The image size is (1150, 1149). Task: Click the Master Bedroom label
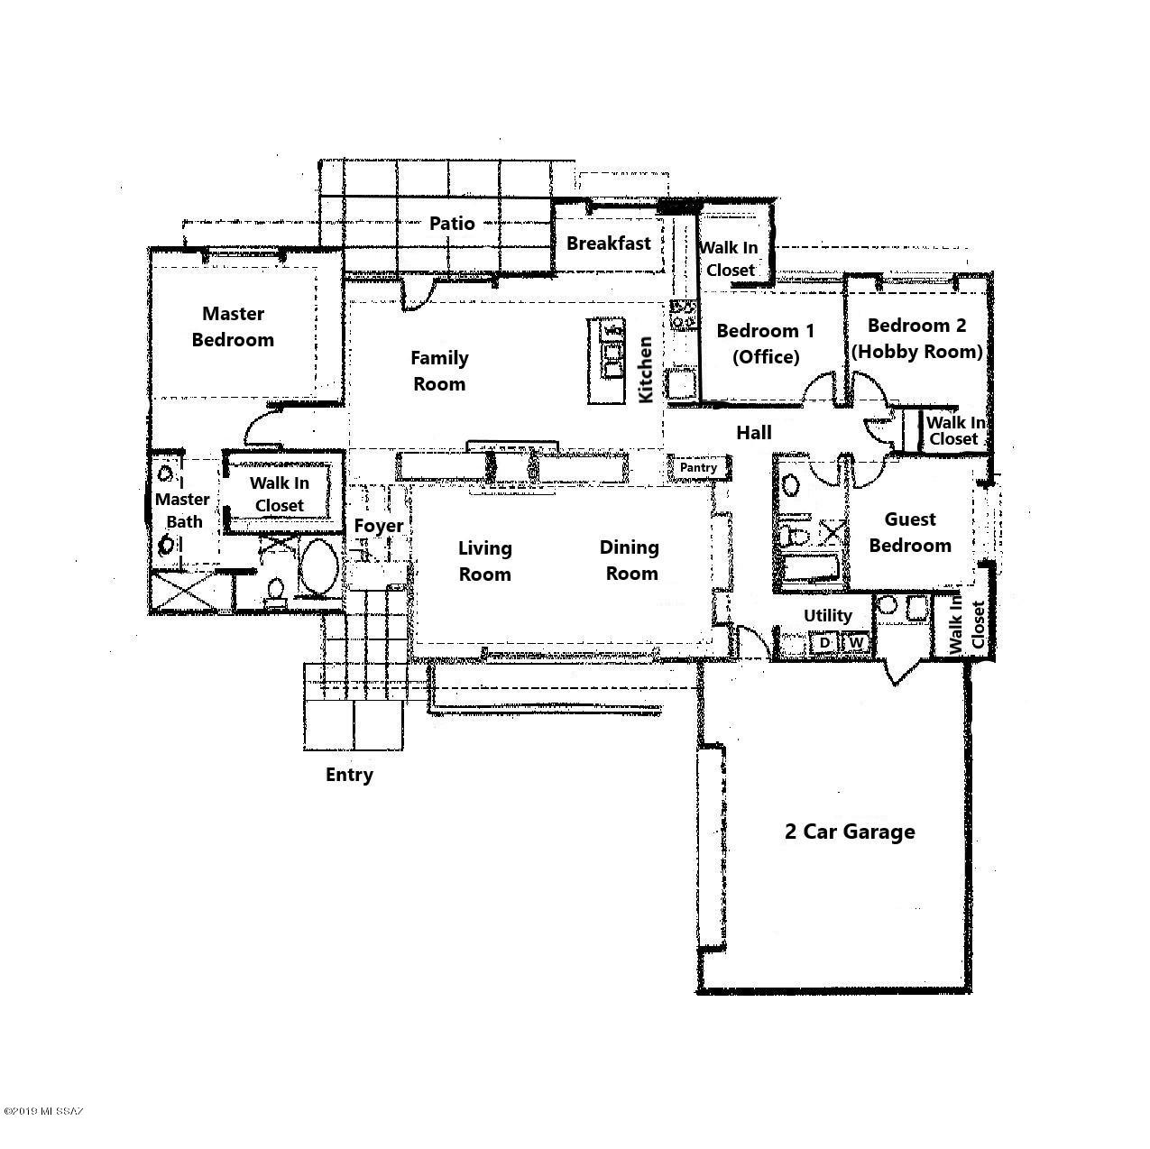tap(233, 326)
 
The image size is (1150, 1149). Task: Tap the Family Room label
tap(439, 371)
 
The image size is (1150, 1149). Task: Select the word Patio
tap(452, 223)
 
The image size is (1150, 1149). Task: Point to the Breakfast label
tap(608, 243)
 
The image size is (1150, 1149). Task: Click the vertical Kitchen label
tap(646, 370)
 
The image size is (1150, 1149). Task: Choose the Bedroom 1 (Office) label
tap(765, 344)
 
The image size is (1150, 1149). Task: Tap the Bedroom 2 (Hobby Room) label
tap(916, 338)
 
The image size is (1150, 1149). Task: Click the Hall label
tap(753, 433)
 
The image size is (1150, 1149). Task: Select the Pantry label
tap(698, 467)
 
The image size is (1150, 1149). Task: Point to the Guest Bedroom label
tap(909, 532)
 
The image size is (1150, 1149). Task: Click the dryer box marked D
tap(823, 643)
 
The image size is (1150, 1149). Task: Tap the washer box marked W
tap(857, 643)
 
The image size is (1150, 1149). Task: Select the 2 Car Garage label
tap(849, 832)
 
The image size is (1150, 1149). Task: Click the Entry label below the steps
tap(349, 775)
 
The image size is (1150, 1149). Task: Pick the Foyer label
tap(378, 526)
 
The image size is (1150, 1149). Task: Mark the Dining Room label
tap(630, 560)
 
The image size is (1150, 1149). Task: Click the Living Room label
tap(484, 561)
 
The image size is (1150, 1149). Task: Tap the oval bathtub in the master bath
tap(318, 567)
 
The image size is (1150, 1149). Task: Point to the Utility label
tap(827, 615)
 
